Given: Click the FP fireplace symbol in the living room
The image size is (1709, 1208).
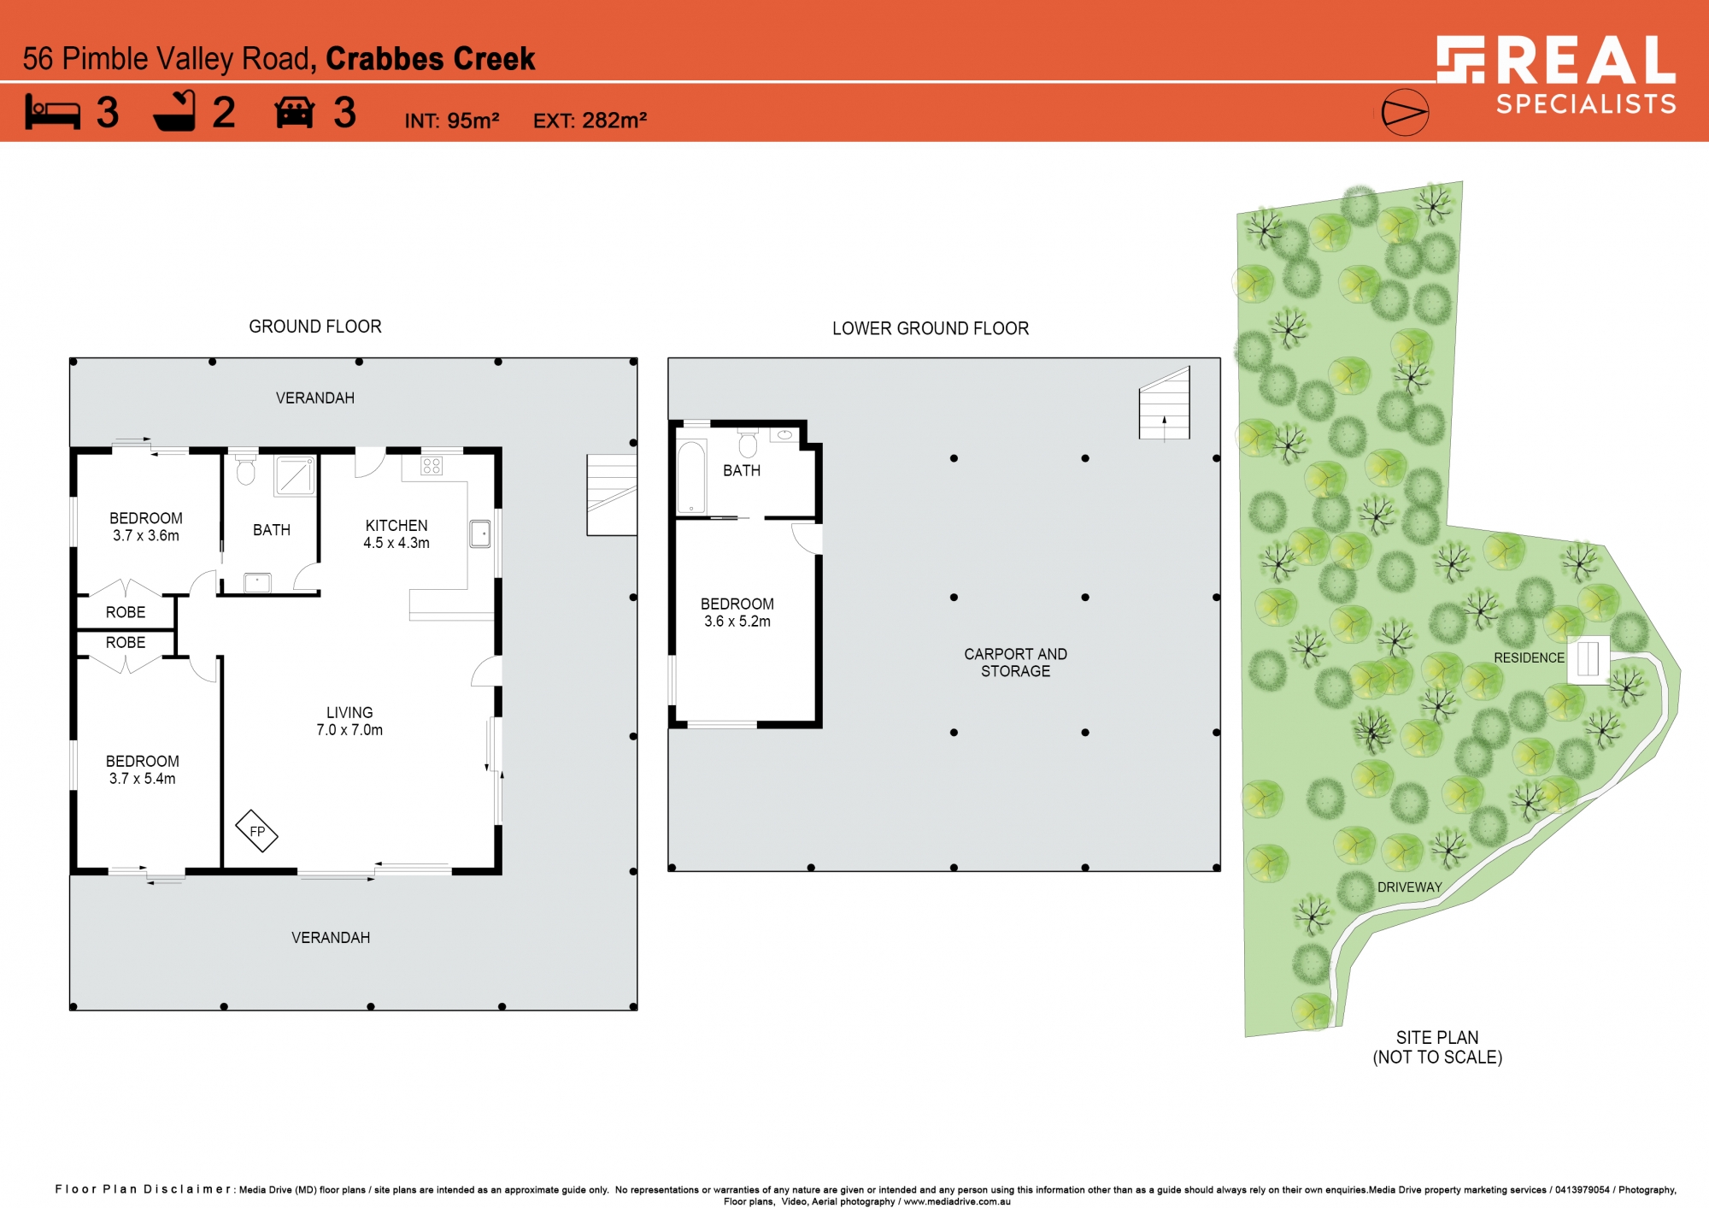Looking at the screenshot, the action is coord(256,831).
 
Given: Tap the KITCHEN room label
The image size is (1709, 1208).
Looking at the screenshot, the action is coord(396,526).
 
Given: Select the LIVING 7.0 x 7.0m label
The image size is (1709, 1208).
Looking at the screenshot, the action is coord(349,721).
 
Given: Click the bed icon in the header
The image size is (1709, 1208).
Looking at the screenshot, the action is coord(53,112).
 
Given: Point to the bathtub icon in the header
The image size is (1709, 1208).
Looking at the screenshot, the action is coord(175,111).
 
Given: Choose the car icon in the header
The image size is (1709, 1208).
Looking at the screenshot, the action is coord(295,113).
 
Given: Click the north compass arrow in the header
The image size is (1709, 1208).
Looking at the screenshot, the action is coord(1405,112).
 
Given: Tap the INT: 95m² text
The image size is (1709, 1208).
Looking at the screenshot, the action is coord(452,121).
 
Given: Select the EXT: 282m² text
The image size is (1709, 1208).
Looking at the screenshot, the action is coord(590,121).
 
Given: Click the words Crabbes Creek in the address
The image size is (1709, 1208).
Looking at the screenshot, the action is coord(431,59).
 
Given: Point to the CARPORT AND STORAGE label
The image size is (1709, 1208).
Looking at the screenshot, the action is coord(1015,663).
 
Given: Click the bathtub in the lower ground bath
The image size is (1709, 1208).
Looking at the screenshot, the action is coord(691,477).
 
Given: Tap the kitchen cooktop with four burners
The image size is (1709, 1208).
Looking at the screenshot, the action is coord(432,466).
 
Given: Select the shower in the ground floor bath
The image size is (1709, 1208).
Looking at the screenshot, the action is coord(295,475).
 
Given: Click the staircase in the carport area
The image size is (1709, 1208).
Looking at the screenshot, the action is coord(1164,404).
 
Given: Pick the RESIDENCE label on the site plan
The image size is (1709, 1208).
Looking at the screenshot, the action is coord(1529,657).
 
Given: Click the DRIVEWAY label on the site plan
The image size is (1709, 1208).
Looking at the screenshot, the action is coord(1409,887).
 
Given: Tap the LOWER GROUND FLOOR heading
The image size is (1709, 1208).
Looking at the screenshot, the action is coord(931,328).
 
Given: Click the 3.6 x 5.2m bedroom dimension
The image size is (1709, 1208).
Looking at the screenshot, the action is coord(737,622).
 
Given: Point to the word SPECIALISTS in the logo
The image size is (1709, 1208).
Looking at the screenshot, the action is coord(1586,104).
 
